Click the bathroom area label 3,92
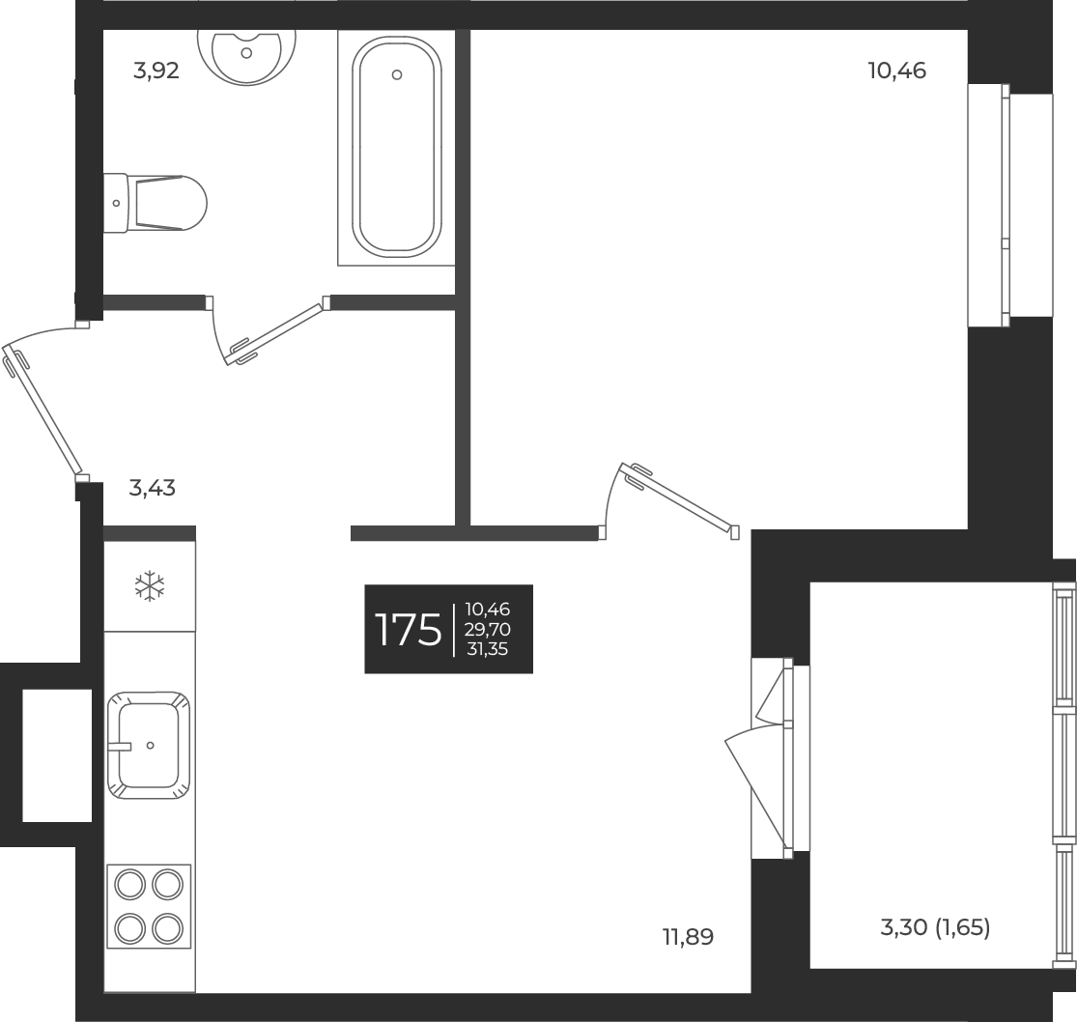(x=156, y=71)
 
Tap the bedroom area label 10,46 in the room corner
(x=897, y=71)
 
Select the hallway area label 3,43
(x=152, y=488)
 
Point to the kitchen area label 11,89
(x=688, y=936)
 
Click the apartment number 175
(x=408, y=630)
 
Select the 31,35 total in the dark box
(x=488, y=649)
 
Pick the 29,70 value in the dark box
(x=488, y=630)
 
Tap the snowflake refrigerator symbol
(x=150, y=585)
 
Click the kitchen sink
(x=148, y=745)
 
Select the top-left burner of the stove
(x=129, y=884)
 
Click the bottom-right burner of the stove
(x=167, y=927)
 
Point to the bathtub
(x=397, y=147)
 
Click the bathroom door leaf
(x=274, y=334)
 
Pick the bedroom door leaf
(x=682, y=497)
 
